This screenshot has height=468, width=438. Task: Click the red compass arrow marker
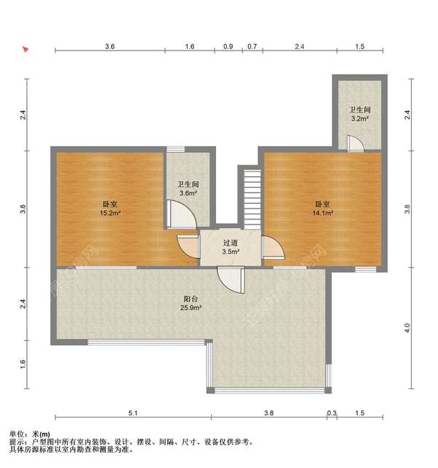[x=26, y=49]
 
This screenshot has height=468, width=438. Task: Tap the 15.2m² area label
[x=110, y=213]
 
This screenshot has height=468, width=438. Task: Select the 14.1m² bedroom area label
[x=323, y=213]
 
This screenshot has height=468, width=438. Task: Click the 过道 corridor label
[x=231, y=243]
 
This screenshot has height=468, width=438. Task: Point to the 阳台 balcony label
[x=191, y=299]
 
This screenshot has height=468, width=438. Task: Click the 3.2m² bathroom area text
[x=360, y=118]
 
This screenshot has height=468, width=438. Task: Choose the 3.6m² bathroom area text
[x=188, y=193]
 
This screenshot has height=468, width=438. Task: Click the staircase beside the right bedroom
[x=253, y=200]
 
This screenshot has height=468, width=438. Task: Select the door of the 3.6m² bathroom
[x=181, y=214]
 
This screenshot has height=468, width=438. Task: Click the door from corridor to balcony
[x=231, y=280]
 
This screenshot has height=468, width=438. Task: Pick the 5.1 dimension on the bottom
[x=133, y=413]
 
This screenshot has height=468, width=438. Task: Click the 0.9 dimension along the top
[x=228, y=47]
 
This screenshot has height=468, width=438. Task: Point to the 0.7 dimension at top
[x=252, y=47]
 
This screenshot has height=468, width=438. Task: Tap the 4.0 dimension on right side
[x=407, y=328]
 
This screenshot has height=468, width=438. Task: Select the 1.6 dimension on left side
[x=23, y=364]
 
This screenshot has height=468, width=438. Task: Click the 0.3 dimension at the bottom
[x=331, y=413]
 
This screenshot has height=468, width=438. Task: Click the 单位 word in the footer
[x=17, y=434]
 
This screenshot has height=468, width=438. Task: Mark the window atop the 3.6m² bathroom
[x=175, y=149]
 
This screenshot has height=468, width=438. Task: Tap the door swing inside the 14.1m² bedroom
[x=273, y=247]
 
